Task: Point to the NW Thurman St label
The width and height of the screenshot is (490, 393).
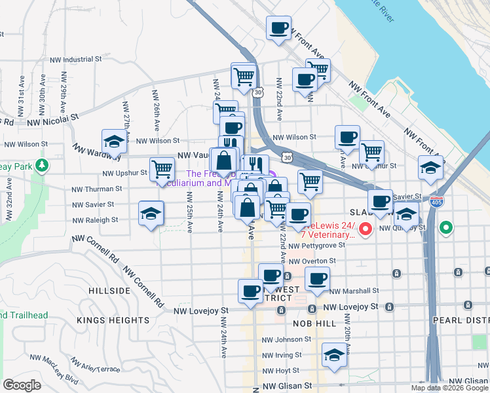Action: [x=97, y=189]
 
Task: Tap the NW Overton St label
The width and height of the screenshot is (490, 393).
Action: [x=314, y=261]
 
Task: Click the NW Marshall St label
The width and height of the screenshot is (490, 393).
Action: [x=354, y=291]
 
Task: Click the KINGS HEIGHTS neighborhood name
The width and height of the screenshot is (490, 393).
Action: [x=113, y=320]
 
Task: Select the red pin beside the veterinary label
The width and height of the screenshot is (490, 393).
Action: [x=366, y=229]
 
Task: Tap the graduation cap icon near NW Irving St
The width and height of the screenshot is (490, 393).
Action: [x=334, y=356]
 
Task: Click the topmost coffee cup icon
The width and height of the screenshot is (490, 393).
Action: [x=278, y=28]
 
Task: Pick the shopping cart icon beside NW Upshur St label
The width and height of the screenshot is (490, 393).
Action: [x=162, y=169]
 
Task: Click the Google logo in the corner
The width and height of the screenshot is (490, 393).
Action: [x=22, y=385]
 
